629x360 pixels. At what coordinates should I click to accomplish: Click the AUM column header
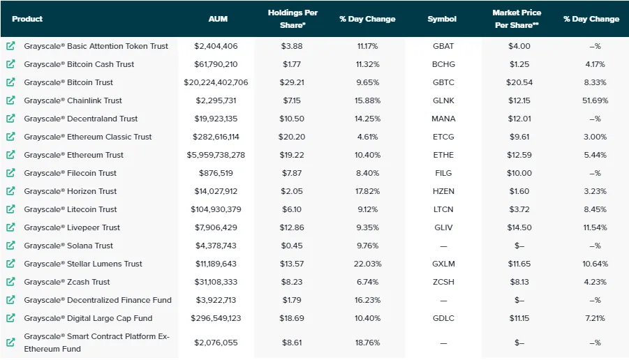point(218,19)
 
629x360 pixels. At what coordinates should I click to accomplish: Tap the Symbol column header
point(442,19)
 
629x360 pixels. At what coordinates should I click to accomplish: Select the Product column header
point(27,19)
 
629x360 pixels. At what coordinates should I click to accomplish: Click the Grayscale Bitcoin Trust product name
point(68,82)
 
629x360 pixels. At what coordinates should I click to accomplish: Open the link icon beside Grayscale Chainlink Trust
point(10,100)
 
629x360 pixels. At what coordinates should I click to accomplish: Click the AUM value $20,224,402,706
point(216,82)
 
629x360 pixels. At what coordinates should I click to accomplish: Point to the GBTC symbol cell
point(443,82)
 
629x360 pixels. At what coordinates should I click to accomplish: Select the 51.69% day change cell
point(595,100)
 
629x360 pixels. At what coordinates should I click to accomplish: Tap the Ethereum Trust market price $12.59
point(519,155)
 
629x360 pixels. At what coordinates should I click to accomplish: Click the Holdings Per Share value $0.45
point(292,246)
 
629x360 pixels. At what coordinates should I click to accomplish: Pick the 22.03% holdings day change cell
point(367,264)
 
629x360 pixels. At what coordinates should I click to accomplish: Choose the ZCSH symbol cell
point(443,282)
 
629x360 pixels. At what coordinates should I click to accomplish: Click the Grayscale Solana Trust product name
point(68,246)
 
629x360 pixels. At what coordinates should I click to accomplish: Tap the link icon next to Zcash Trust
point(10,282)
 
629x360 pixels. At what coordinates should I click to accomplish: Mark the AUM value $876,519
point(216,173)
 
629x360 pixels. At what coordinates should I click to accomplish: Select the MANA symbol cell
point(443,119)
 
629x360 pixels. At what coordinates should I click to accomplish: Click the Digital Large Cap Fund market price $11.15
point(519,318)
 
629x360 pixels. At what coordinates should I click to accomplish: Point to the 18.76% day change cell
point(367,343)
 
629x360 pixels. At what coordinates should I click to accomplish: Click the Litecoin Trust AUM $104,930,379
point(216,209)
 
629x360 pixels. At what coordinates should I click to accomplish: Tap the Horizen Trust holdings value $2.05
point(292,191)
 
